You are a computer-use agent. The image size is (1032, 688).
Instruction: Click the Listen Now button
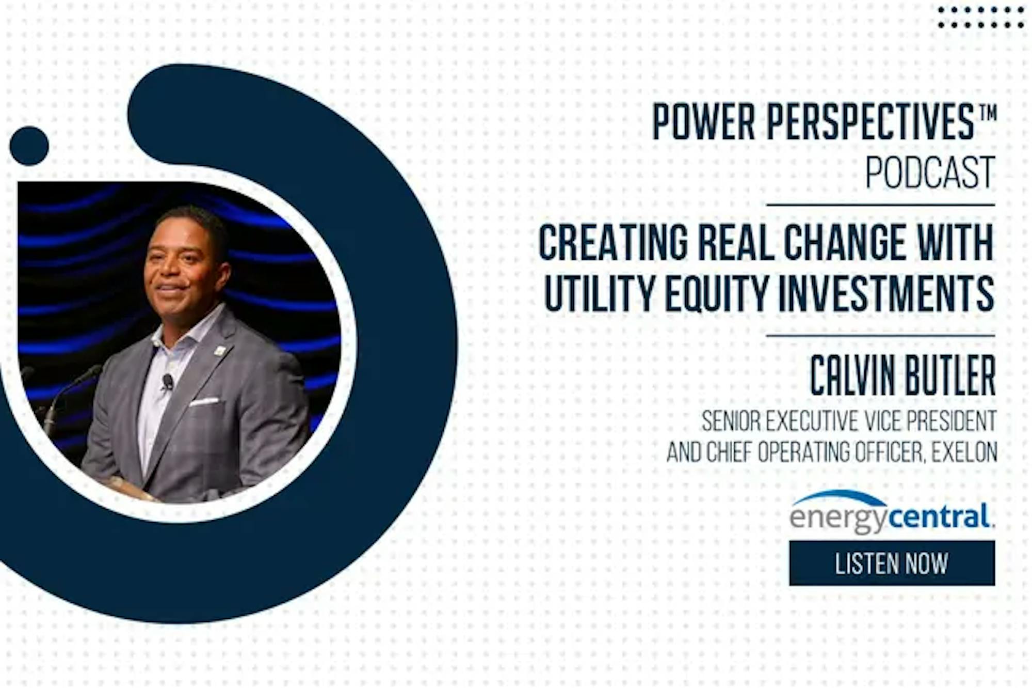pyautogui.click(x=892, y=563)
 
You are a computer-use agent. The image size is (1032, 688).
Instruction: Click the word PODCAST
pyautogui.click(x=930, y=172)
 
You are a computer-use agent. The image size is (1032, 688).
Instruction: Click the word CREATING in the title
pyautogui.click(x=613, y=242)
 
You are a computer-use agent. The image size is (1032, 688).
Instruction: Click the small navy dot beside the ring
pyautogui.click(x=29, y=146)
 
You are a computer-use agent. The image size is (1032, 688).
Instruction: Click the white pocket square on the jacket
pyautogui.click(x=204, y=401)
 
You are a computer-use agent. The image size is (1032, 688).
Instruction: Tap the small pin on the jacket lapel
pyautogui.click(x=220, y=351)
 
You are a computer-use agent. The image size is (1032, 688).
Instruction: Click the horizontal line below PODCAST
pyautogui.click(x=881, y=205)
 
